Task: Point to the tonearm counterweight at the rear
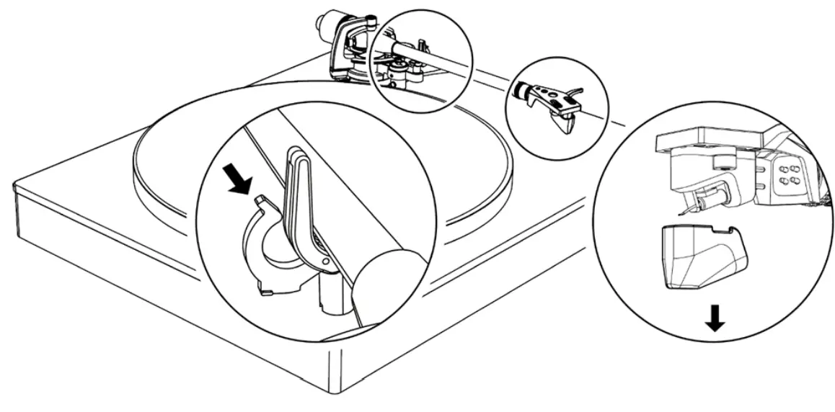pos(324,25)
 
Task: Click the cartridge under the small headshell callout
pos(562,120)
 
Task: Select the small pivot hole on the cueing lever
pos(324,261)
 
